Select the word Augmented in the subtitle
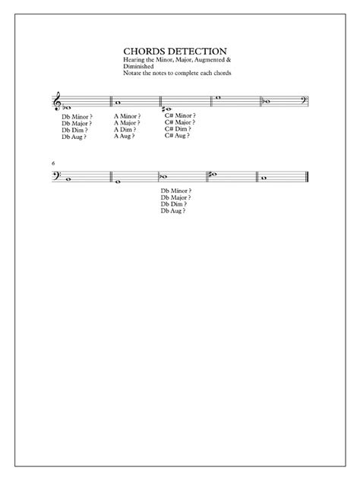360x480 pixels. click(x=208, y=58)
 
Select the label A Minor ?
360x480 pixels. click(x=128, y=116)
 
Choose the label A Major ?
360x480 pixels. click(x=128, y=123)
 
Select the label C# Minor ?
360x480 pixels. click(x=179, y=115)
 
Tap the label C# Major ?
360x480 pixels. click(x=179, y=122)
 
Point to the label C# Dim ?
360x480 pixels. click(x=178, y=128)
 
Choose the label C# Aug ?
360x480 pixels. click(x=178, y=134)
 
